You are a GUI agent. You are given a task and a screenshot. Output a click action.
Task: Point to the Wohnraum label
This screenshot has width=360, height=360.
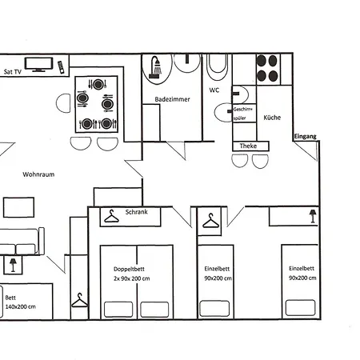click(x=38, y=174)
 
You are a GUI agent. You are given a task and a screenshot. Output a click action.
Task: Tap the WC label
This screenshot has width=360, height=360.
click(x=214, y=90)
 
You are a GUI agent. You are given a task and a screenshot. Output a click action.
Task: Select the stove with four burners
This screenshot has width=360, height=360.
click(x=267, y=68)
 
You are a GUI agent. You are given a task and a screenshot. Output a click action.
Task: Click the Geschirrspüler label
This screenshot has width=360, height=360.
click(x=242, y=113)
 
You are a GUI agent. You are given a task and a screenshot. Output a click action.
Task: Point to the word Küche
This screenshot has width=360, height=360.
click(x=272, y=117)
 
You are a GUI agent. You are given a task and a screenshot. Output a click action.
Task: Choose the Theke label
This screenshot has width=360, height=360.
click(x=249, y=146)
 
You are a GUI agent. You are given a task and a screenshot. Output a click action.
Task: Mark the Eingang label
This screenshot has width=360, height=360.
click(x=306, y=137)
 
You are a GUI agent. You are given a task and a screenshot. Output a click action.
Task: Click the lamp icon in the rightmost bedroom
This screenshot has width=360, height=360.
click(x=312, y=215)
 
